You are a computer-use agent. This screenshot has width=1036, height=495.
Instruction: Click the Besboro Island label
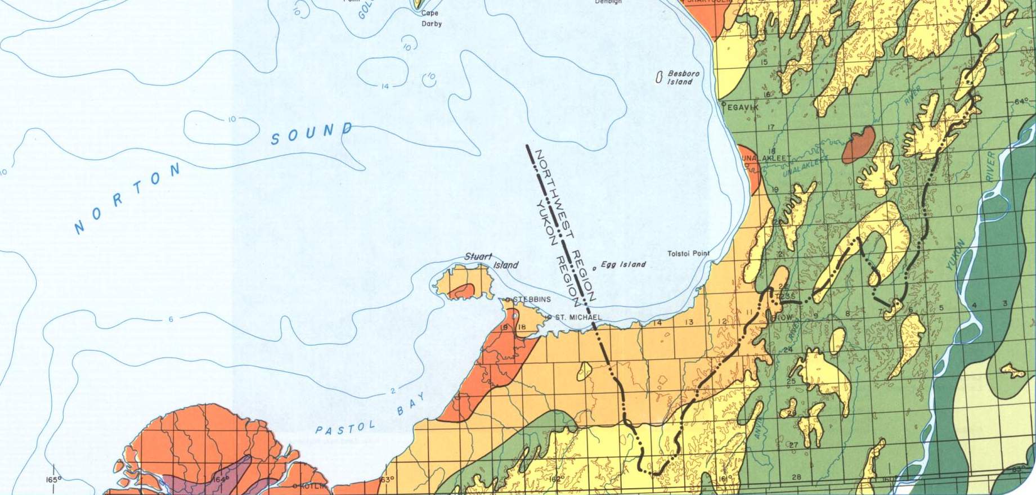683,78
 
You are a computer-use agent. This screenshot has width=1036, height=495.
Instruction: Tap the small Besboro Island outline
658,78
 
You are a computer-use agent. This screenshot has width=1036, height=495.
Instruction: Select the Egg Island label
623,264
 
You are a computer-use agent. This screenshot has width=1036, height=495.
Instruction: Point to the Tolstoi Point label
688,254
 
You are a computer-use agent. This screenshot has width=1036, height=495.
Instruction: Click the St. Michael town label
578,318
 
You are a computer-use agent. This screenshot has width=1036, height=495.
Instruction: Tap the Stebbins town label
531,299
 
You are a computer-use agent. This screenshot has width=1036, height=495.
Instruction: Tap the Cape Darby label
431,19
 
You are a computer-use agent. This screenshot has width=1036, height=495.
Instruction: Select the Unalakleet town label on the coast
766,159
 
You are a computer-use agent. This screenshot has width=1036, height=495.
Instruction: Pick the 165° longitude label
53,480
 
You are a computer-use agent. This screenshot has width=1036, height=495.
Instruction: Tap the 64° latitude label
1020,102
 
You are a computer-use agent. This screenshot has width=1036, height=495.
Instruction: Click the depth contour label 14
385,87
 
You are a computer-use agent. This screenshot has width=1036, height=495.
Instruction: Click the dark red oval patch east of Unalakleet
859,144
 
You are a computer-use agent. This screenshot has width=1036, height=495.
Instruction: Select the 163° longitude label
386,480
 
